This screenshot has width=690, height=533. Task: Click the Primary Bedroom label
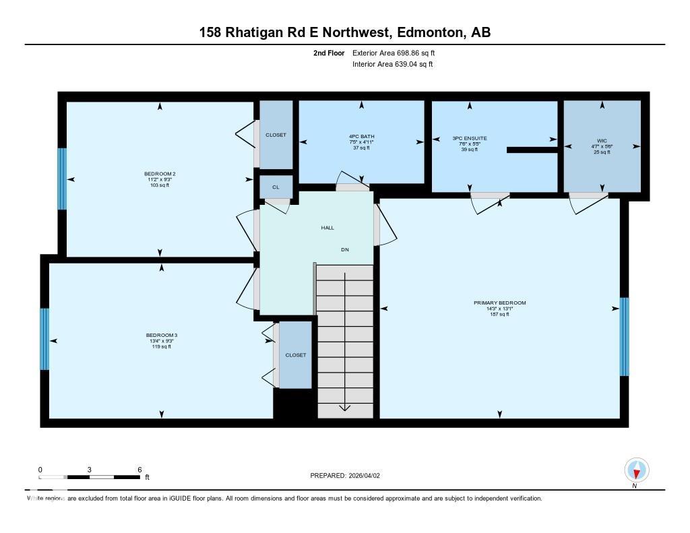click(499, 303)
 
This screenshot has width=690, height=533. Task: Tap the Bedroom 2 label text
click(160, 174)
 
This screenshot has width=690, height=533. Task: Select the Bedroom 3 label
click(161, 336)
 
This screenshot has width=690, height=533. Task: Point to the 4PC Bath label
click(362, 137)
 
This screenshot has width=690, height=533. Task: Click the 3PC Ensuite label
click(470, 139)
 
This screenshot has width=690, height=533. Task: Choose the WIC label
click(602, 142)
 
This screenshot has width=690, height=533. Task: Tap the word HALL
click(327, 228)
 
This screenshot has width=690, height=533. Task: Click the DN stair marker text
click(345, 250)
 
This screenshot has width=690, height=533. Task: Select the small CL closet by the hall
click(276, 187)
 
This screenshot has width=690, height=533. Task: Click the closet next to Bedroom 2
click(276, 135)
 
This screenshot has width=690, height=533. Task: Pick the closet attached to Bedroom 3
click(295, 355)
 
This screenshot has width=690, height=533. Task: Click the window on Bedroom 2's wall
click(62, 179)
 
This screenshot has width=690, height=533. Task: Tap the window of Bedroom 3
click(44, 339)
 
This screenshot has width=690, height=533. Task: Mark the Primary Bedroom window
click(624, 336)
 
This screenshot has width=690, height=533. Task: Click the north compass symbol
click(637, 470)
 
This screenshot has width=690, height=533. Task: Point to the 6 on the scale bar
click(139, 470)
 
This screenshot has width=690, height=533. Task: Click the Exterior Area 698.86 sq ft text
click(398, 53)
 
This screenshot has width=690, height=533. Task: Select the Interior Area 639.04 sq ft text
click(393, 65)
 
